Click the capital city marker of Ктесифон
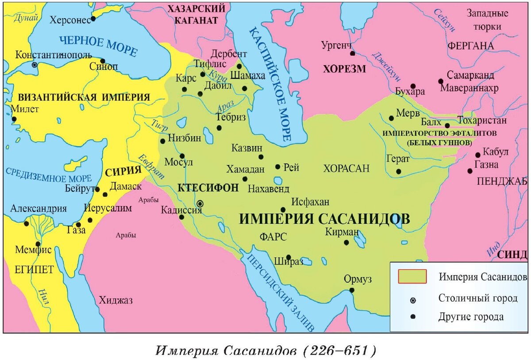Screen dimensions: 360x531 200,203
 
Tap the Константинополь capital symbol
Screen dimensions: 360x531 35,65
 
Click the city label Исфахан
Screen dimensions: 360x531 310,202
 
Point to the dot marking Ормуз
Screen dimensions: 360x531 352,290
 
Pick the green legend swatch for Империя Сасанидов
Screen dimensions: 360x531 412,276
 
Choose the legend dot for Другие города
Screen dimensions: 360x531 413,317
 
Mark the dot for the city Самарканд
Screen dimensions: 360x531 441,81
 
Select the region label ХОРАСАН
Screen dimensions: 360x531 346,168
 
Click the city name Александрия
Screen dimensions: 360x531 38,209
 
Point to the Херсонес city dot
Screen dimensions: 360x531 93,19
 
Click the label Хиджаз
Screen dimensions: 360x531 116,300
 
